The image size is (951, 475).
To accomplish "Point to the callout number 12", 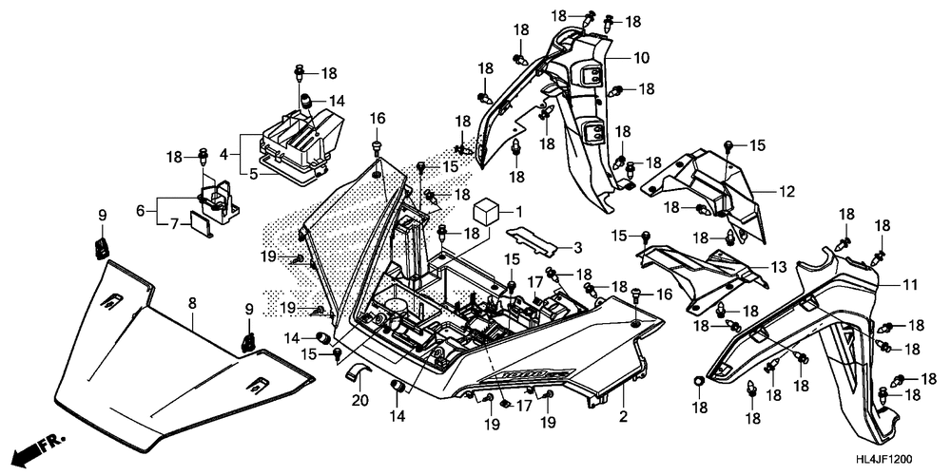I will tap(787, 192).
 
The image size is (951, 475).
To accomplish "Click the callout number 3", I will tap(576, 249).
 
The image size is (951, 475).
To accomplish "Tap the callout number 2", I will tap(624, 416).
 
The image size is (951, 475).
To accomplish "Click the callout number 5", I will tap(227, 174).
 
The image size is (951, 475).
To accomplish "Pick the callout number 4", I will tap(223, 152).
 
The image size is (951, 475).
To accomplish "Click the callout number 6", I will tap(141, 211).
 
